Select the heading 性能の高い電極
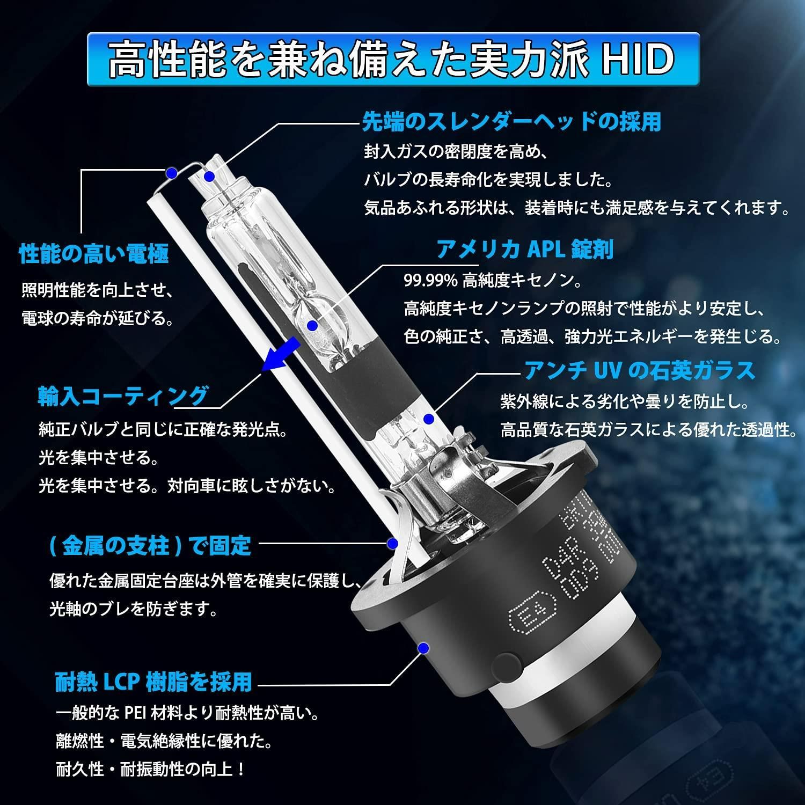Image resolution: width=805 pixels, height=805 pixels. tap(94, 253)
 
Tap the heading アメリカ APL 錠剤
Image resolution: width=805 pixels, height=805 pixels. tap(524, 249)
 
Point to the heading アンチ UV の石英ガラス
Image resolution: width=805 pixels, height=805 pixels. tap(639, 370)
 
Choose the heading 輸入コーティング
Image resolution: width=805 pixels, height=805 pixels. tap(123, 396)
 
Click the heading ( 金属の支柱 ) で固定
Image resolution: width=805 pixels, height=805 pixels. tap(150, 546)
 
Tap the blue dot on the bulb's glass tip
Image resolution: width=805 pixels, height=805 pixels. tap(209, 176)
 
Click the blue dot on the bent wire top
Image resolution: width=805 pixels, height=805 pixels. tap(171, 172)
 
